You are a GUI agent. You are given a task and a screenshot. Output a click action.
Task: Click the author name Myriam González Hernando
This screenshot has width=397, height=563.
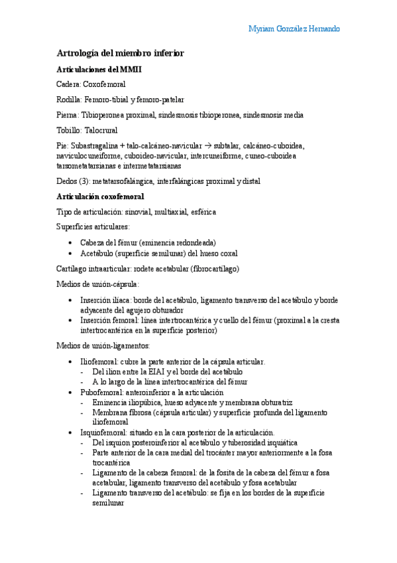click(294, 29)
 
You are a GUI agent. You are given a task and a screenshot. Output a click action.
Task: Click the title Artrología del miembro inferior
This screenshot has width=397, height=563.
click(120, 52)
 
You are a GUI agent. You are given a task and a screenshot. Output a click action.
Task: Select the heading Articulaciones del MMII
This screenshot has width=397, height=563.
click(99, 69)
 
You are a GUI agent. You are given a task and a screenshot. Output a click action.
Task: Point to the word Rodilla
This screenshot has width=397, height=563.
click(69, 100)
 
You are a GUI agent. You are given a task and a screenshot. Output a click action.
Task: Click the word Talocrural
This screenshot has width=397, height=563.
click(97, 130)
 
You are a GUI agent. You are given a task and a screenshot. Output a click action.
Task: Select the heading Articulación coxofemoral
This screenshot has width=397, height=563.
click(100, 197)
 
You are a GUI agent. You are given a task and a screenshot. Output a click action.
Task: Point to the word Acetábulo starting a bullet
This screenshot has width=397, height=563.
click(97, 253)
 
